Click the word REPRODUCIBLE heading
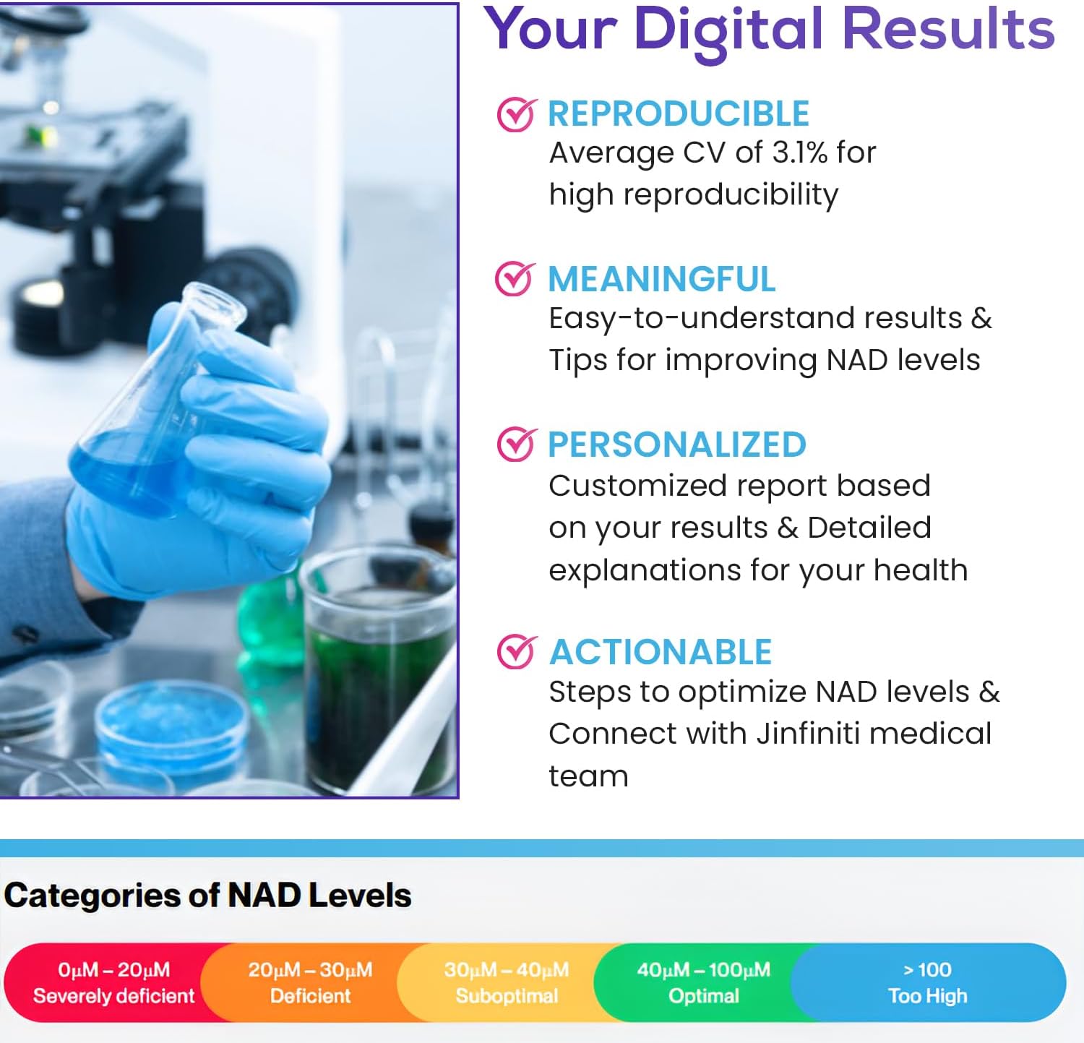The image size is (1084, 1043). [678, 114]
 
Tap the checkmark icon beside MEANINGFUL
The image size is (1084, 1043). [515, 279]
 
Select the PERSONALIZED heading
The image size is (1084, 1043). [676, 445]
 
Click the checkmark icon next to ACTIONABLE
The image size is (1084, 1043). [517, 652]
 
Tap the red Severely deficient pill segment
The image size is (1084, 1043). [108, 982]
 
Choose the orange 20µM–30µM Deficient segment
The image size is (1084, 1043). [310, 982]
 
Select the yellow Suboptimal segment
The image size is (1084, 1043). [506, 982]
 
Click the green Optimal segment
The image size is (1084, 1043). [703, 982]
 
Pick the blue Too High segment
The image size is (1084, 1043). [927, 982]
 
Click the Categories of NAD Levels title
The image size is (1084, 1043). [207, 896]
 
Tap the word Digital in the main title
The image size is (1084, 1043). [728, 30]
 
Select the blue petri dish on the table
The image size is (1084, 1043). [170, 723]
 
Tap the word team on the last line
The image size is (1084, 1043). [588, 776]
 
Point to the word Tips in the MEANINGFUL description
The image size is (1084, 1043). [577, 360]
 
